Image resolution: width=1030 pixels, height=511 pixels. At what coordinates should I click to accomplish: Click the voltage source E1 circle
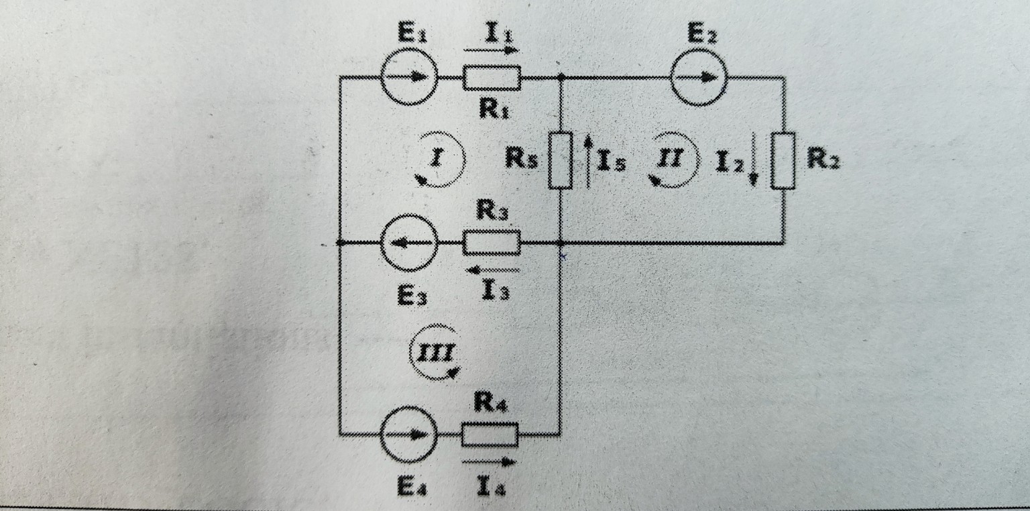(x=409, y=77)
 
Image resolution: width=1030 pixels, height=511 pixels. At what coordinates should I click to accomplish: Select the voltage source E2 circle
(x=699, y=77)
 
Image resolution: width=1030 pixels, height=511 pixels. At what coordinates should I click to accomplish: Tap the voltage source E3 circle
(x=409, y=243)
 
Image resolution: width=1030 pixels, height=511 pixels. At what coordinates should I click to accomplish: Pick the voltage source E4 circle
(x=409, y=435)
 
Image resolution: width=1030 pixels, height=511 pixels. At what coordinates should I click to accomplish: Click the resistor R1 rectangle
(x=492, y=78)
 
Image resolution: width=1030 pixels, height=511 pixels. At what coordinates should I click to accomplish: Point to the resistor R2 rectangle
(x=783, y=161)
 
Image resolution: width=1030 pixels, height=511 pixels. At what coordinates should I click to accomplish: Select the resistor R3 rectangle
(x=492, y=243)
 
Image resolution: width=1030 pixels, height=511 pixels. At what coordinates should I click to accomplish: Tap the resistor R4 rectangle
(x=490, y=435)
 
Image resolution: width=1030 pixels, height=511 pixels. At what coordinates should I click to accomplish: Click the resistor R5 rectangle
(x=561, y=161)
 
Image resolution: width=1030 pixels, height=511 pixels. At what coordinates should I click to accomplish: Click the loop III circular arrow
(x=437, y=352)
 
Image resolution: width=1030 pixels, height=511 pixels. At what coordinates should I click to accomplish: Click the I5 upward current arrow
(x=587, y=161)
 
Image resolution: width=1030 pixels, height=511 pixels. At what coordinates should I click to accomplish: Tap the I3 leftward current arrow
(x=493, y=271)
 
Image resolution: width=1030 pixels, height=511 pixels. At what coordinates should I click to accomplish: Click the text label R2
(x=823, y=160)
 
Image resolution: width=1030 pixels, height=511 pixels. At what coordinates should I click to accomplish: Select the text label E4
(x=409, y=488)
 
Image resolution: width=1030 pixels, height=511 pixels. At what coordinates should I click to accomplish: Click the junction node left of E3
(x=340, y=243)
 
